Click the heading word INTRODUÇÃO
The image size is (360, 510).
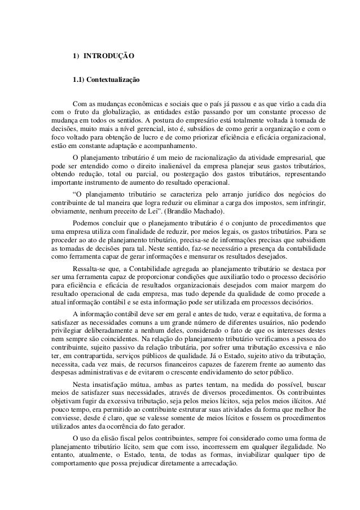coord(108,57)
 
